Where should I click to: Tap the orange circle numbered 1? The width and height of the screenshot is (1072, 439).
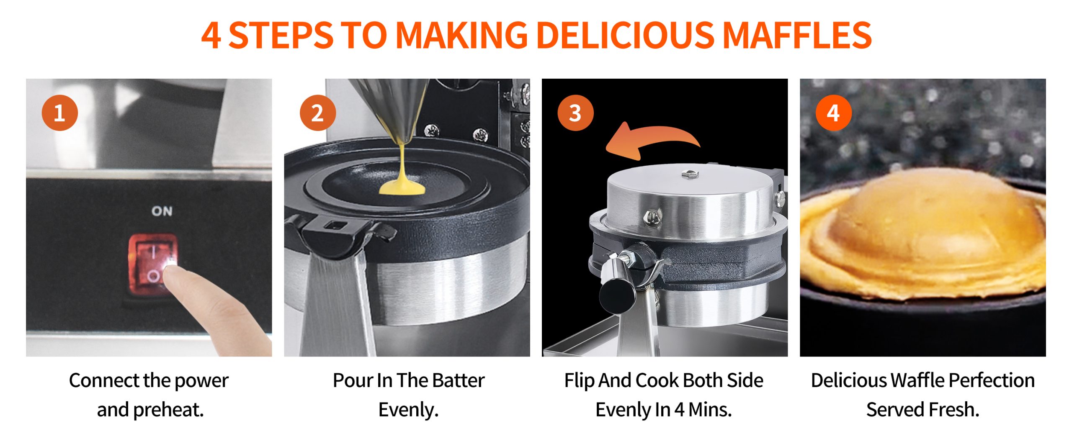(x=60, y=113)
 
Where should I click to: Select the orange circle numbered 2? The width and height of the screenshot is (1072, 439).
(x=318, y=113)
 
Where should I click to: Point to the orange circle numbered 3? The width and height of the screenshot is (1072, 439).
(x=576, y=113)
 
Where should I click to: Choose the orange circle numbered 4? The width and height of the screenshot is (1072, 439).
(x=834, y=113)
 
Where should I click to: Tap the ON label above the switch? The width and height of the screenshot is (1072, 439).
(x=162, y=211)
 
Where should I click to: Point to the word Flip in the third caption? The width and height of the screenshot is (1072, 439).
(x=580, y=381)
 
